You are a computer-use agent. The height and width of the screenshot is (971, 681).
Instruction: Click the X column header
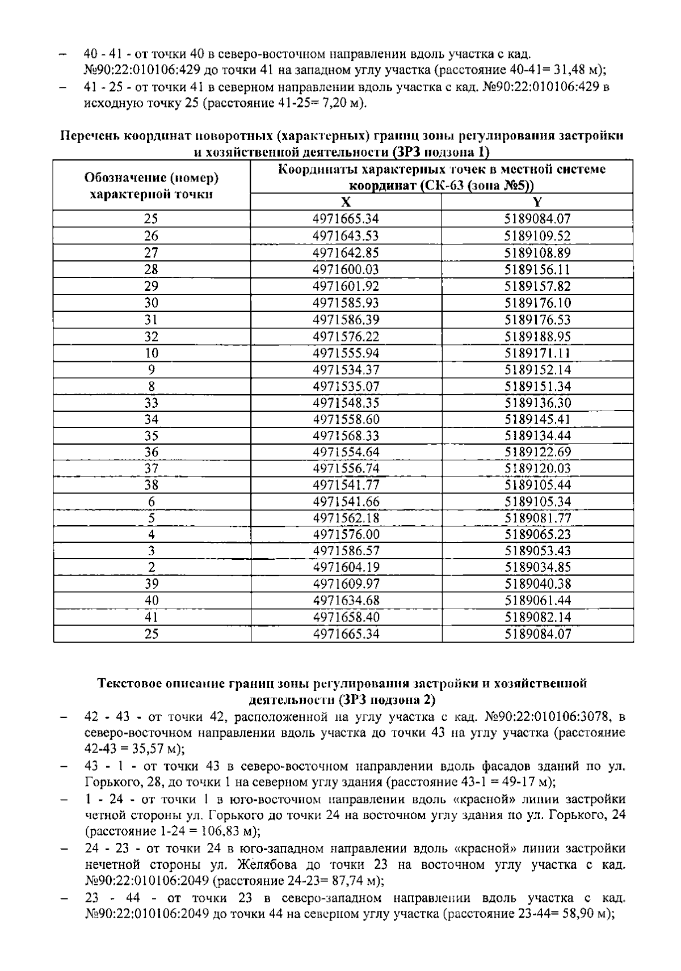pyautogui.click(x=346, y=202)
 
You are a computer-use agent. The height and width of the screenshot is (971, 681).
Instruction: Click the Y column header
pyautogui.click(x=537, y=202)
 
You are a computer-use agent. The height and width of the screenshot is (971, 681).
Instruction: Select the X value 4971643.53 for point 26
pyautogui.click(x=346, y=236)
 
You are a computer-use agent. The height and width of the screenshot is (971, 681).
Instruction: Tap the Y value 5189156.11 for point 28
pyautogui.click(x=537, y=269)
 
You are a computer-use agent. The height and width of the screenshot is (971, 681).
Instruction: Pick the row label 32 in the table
pyautogui.click(x=152, y=336)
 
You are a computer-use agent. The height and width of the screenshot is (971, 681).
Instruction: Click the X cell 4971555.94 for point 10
pyautogui.click(x=346, y=353)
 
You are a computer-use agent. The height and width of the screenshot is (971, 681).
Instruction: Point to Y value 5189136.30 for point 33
pyautogui.click(x=537, y=403)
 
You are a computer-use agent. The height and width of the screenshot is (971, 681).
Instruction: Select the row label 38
pyautogui.click(x=152, y=485)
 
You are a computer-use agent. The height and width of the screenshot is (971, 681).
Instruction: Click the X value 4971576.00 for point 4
pyautogui.click(x=346, y=535)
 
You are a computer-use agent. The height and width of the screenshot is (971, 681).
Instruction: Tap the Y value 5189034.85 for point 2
pyautogui.click(x=537, y=568)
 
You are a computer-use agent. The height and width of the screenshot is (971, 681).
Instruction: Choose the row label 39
pyautogui.click(x=152, y=584)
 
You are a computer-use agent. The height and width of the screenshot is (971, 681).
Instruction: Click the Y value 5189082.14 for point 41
pyautogui.click(x=537, y=617)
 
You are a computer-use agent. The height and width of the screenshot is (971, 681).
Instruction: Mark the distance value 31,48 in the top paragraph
pyautogui.click(x=574, y=70)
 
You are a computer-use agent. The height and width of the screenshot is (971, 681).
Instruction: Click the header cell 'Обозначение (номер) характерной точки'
pyautogui.click(x=152, y=185)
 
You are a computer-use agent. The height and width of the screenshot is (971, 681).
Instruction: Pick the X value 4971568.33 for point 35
pyautogui.click(x=346, y=436)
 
